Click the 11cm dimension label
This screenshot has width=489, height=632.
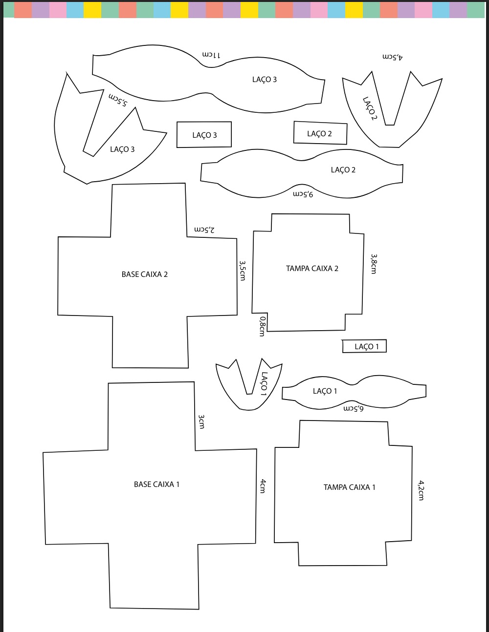point(211,55)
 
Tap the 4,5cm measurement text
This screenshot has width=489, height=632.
point(393,57)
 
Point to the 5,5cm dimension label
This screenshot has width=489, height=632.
point(118,100)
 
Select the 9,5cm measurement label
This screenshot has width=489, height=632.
point(303,194)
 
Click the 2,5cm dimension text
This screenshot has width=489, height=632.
point(204,230)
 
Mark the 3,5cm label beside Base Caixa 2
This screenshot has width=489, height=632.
point(242,270)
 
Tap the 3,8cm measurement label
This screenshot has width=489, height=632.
point(374,264)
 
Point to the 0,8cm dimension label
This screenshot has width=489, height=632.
point(262,326)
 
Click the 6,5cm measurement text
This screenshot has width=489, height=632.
point(354,409)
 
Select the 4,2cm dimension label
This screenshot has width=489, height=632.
point(421,490)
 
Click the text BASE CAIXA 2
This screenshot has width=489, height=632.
point(145,274)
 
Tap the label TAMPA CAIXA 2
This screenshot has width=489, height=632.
point(312,268)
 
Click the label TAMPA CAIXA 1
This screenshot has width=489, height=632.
point(349,487)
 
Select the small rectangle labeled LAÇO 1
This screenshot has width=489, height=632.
point(364,346)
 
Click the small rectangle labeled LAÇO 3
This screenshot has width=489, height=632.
point(204,135)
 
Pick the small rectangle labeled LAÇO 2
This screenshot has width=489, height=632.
point(320,133)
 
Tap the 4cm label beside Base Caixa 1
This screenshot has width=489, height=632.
point(263,486)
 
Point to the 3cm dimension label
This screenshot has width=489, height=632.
point(201,421)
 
